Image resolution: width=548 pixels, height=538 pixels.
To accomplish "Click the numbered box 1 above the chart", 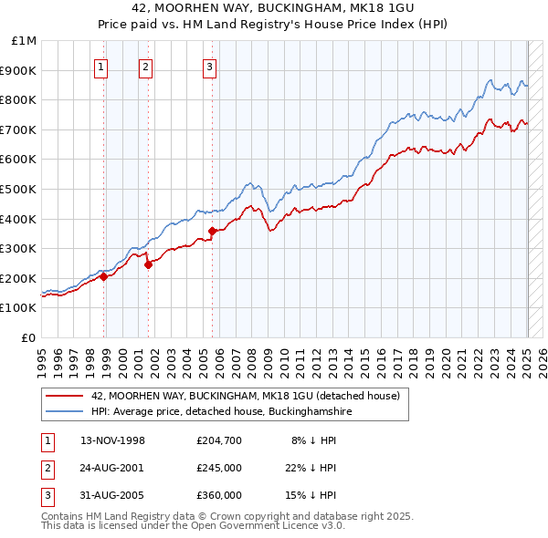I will click(100, 66).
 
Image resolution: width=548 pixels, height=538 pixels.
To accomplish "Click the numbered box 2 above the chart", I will click(145, 66).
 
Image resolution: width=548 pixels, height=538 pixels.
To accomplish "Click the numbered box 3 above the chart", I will click(209, 66).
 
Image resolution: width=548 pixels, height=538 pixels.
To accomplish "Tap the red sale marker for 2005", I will click(212, 231).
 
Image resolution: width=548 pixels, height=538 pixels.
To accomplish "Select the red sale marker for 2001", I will click(148, 264).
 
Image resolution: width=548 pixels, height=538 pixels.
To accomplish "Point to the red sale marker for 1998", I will click(103, 276).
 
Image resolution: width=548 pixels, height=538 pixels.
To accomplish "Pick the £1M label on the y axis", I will click(25, 41).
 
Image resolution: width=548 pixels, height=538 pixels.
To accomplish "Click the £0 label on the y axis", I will click(29, 337).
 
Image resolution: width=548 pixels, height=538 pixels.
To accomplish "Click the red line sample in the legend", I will click(65, 396).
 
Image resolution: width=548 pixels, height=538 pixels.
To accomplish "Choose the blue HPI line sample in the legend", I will click(65, 412).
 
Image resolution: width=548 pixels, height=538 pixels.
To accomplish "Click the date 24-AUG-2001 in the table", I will click(113, 468).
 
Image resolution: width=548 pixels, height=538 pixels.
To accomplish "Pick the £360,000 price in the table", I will click(219, 495).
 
